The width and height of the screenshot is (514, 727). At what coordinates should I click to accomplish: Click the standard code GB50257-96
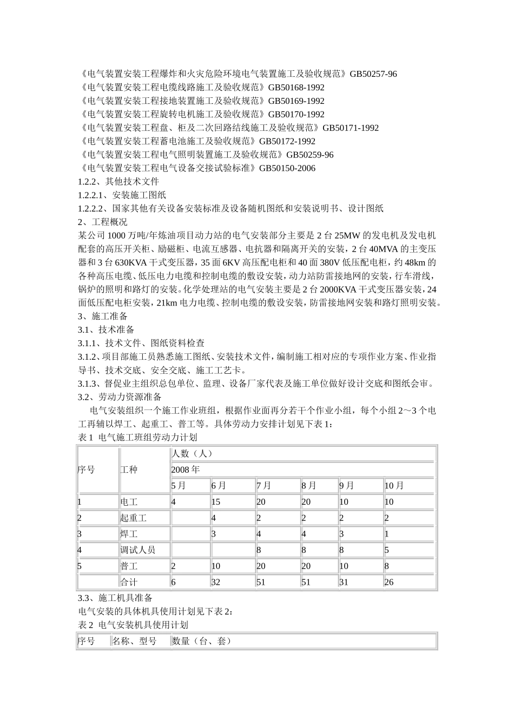373,74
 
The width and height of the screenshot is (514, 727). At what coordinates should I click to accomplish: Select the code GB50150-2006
287,168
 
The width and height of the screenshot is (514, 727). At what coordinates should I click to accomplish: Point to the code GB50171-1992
351,128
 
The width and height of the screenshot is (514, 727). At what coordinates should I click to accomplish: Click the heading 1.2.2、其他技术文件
118,182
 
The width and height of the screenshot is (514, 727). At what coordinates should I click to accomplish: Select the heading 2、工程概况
103,222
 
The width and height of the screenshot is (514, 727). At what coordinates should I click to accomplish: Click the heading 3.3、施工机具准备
115,598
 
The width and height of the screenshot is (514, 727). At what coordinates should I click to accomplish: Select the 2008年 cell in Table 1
186,470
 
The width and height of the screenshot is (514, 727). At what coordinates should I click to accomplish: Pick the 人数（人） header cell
192,453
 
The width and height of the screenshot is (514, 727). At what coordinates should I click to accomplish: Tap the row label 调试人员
137,550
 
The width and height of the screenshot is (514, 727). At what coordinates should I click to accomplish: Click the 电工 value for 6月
216,502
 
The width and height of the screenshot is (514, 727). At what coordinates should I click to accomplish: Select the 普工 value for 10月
387,566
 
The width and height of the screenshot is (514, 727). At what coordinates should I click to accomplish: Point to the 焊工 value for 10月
387,534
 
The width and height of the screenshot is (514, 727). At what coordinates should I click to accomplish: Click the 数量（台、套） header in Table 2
202,642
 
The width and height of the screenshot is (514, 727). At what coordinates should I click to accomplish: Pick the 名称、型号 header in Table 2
134,642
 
